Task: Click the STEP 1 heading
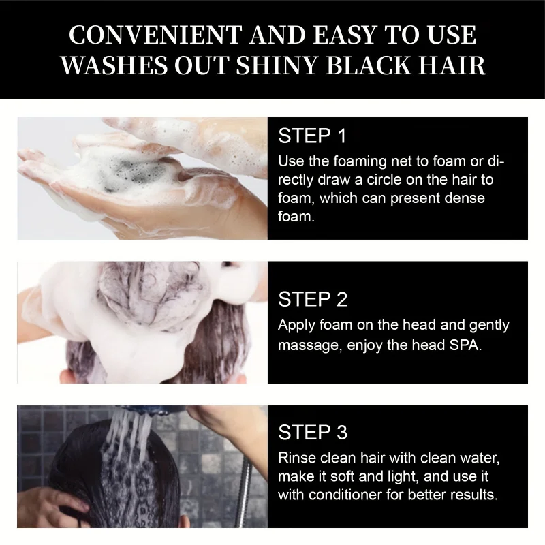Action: (313, 136)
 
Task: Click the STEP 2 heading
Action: (313, 299)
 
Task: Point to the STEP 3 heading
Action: (313, 432)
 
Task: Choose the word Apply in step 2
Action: (296, 326)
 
